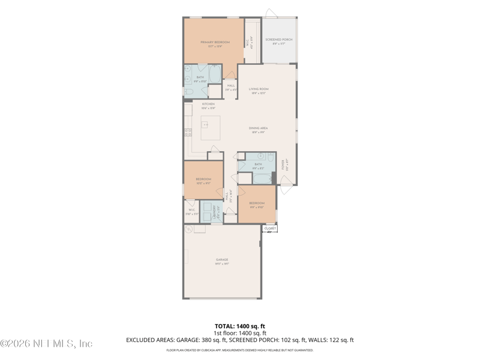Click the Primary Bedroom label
[215, 42]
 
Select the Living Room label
[259, 89]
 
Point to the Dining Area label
[258, 128]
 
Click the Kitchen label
[208, 104]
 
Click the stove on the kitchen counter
[188, 132]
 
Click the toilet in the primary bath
[189, 92]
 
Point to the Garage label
[222, 260]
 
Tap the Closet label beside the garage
[270, 229]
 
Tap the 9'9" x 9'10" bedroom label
[256, 204]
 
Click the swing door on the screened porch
[270, 13]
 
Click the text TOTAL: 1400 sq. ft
[240, 326]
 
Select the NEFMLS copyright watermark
[47, 344]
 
